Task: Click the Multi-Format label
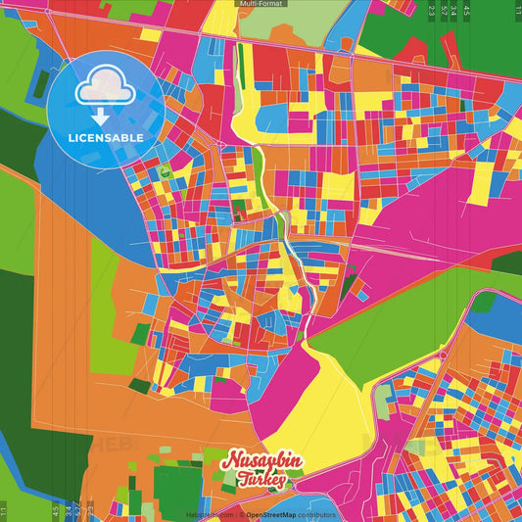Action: [x=261, y=4]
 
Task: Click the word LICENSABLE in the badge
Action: [x=106, y=137]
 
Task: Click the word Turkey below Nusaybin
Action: [x=261, y=480]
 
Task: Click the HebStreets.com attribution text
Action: [x=211, y=514]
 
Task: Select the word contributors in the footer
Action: [x=316, y=514]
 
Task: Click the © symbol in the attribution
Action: [x=241, y=514]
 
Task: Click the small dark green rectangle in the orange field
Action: [x=139, y=386]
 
